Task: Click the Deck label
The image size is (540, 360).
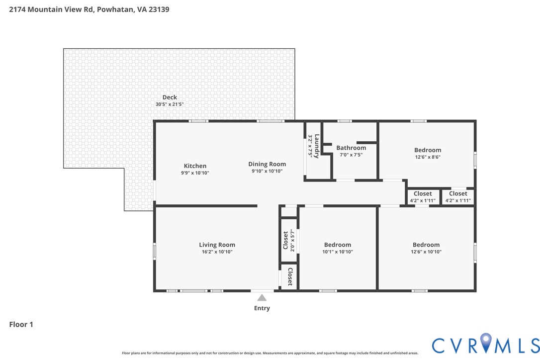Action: click(170, 97)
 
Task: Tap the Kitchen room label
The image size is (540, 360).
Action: click(195, 166)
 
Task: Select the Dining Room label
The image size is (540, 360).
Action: click(267, 164)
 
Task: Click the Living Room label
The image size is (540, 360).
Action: click(217, 245)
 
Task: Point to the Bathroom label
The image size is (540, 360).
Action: click(351, 148)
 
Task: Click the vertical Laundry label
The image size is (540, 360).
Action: click(317, 146)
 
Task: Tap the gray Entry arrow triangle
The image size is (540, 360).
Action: click(262, 298)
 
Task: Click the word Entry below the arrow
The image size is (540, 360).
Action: click(262, 308)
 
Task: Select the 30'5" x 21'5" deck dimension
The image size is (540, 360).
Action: click(170, 104)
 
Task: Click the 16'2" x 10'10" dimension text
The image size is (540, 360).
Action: click(217, 252)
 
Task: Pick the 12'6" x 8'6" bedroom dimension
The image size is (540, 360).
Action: click(428, 157)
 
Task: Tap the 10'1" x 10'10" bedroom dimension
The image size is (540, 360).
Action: click(338, 252)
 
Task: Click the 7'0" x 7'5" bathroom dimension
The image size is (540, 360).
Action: click(351, 155)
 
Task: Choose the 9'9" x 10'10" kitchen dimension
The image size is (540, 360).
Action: click(195, 173)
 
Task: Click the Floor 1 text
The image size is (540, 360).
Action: click(21, 325)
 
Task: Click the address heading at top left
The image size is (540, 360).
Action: click(89, 9)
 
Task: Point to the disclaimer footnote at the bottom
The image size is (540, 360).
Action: click(270, 353)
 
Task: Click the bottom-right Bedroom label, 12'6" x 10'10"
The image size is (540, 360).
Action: click(426, 245)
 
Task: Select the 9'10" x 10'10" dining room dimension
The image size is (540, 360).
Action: click(267, 172)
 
